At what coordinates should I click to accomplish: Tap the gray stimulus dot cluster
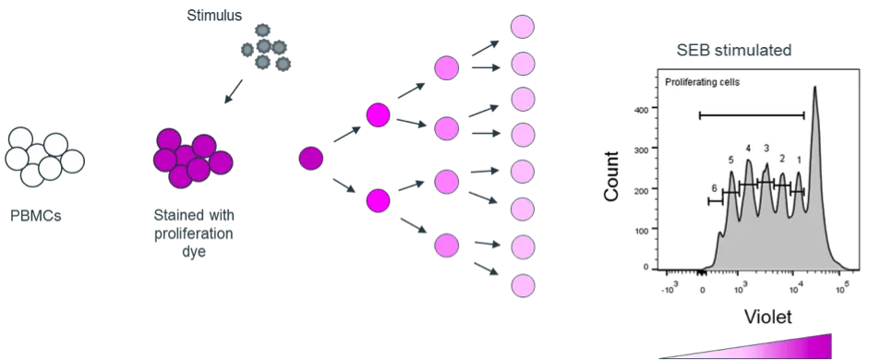[x=267, y=45]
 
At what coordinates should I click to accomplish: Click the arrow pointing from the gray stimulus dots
[x=232, y=91]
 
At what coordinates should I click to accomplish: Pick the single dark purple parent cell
[x=311, y=158]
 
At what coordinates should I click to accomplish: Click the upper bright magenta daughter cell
[x=378, y=115]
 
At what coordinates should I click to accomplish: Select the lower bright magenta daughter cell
[x=378, y=199]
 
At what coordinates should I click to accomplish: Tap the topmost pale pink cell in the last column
[x=523, y=26]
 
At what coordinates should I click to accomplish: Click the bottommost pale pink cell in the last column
[x=523, y=285]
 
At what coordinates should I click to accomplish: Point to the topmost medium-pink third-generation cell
[x=447, y=68]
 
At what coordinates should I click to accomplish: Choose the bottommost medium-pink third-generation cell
[x=447, y=246]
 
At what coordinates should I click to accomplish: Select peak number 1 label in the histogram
[x=799, y=160]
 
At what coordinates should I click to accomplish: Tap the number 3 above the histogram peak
[x=766, y=148]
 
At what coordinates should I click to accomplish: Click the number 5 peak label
[x=730, y=160]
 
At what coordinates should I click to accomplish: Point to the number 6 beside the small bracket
[x=714, y=188]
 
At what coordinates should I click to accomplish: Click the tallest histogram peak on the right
[x=815, y=102]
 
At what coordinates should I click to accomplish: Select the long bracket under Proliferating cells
[x=752, y=115]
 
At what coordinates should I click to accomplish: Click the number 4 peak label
[x=748, y=149]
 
